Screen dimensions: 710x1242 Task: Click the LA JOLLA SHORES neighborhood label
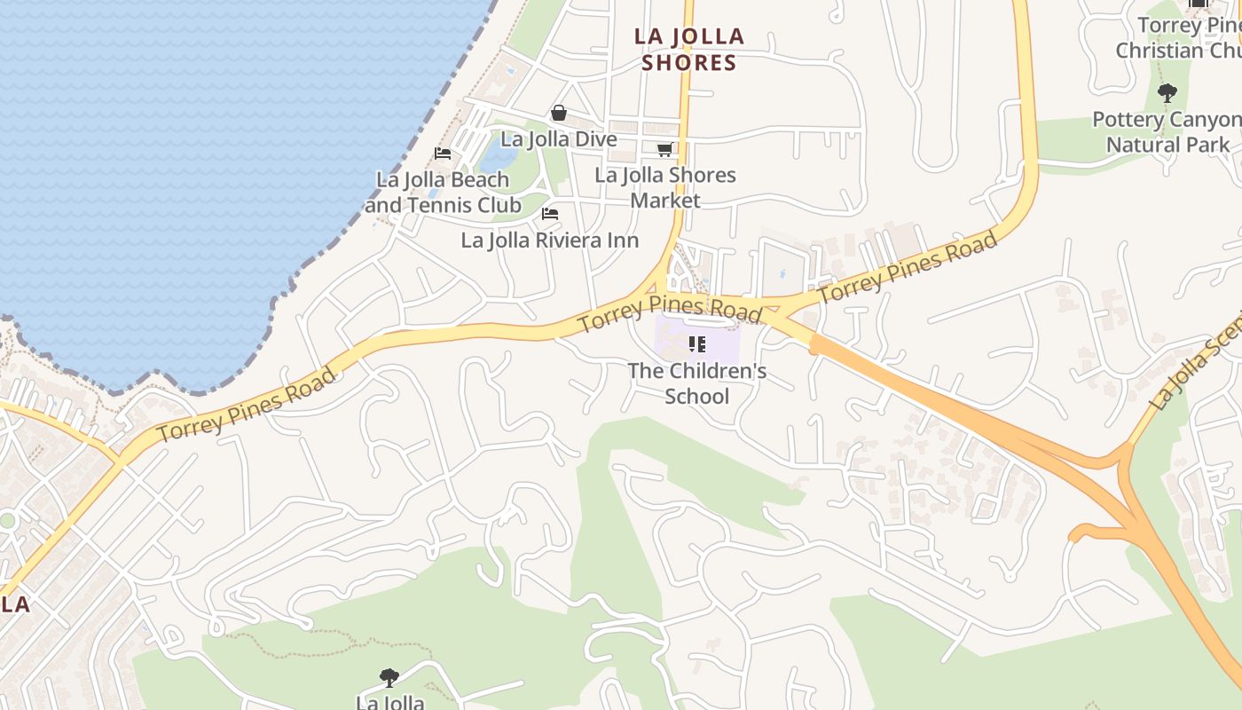click(689, 50)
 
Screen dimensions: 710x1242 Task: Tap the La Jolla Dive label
click(558, 139)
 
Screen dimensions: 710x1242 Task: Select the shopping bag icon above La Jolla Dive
click(559, 113)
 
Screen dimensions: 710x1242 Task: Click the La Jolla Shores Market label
click(665, 187)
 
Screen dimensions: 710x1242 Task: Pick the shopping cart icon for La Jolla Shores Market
click(664, 150)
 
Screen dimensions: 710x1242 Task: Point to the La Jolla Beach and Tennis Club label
click(443, 192)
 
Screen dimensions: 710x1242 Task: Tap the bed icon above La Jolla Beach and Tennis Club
click(443, 154)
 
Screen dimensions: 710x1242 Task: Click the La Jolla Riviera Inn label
click(549, 240)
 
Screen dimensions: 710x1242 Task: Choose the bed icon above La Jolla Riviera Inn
click(550, 214)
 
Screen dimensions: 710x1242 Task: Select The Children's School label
click(696, 383)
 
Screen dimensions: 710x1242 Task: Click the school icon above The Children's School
click(696, 343)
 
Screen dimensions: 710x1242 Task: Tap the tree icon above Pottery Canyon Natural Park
click(1167, 92)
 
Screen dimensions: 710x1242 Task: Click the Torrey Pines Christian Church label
click(1180, 38)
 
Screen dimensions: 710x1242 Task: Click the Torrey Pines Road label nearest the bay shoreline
click(248, 405)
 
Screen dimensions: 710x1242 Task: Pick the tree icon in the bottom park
click(389, 678)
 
